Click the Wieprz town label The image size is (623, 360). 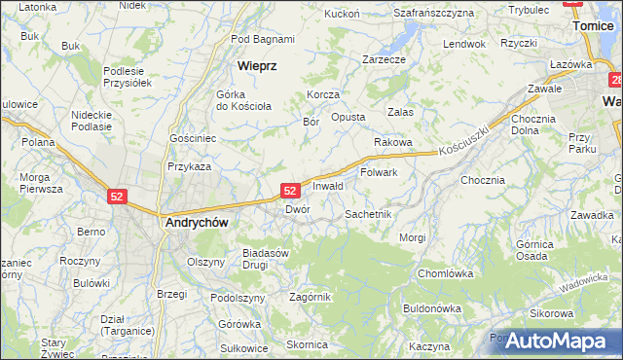click(x=258, y=65)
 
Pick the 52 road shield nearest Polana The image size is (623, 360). click(x=117, y=196)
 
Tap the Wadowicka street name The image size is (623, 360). click(x=584, y=283)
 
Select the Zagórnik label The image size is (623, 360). click(x=311, y=297)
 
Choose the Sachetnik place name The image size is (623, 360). click(x=368, y=213)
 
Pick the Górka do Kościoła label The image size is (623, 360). click(x=242, y=99)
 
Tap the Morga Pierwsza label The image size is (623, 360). click(x=41, y=183)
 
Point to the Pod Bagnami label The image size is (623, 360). click(x=263, y=39)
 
